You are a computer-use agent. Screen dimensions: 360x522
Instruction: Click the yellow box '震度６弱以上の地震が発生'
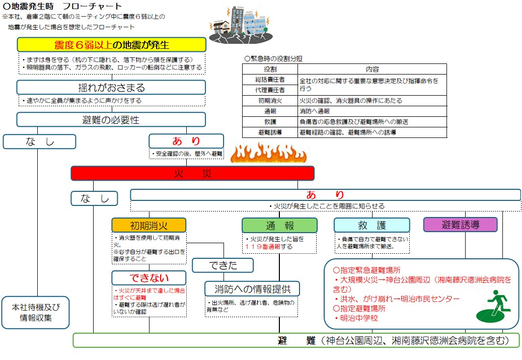[111, 44]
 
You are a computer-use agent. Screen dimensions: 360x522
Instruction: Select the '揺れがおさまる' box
[111, 87]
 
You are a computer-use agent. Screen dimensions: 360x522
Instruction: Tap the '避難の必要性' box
[111, 120]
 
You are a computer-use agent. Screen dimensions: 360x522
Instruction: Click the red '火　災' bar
[192, 173]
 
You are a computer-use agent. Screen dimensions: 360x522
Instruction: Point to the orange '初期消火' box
[148, 225]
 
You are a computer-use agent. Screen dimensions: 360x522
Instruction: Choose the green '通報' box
[279, 225]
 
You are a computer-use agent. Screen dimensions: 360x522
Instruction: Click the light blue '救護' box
[371, 225]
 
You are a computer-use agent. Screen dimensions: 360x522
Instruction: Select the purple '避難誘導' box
[460, 224]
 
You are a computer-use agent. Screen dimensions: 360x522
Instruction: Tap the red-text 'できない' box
[148, 278]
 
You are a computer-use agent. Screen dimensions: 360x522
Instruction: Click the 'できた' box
[222, 265]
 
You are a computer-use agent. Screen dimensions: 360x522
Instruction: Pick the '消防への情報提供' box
[252, 289]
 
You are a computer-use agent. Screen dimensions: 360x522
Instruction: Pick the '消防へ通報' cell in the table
[315, 111]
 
